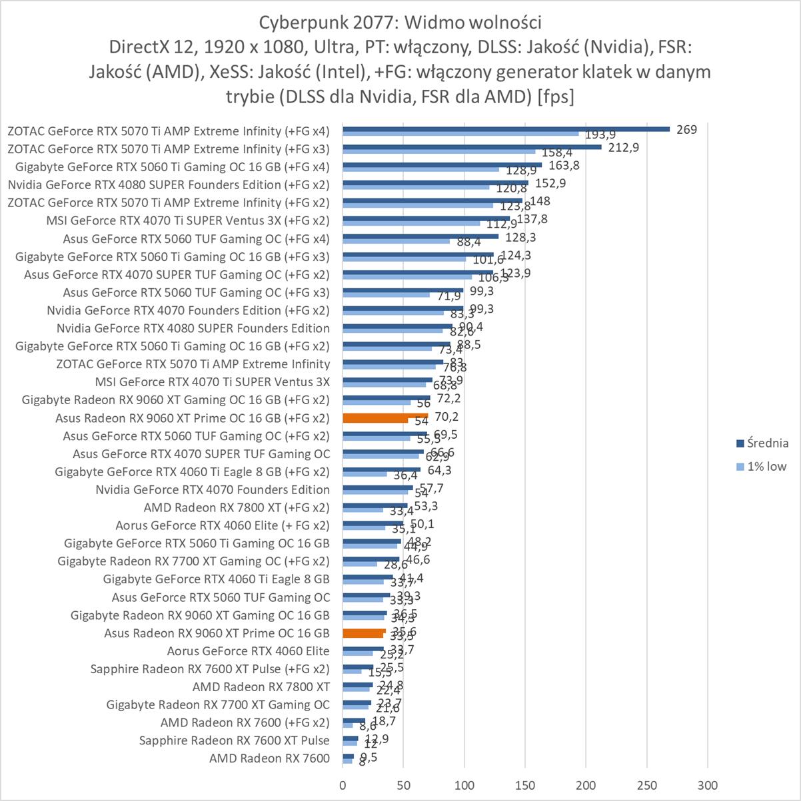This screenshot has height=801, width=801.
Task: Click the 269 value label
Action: (x=686, y=129)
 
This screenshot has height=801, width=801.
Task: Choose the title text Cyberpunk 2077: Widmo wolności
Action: (x=400, y=23)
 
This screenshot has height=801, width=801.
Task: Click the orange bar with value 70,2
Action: (x=385, y=415)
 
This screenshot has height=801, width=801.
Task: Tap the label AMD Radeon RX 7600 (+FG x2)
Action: (x=245, y=722)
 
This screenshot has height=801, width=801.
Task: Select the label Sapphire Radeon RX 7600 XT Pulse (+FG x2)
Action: (x=210, y=668)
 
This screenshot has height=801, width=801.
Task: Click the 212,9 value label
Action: (x=624, y=147)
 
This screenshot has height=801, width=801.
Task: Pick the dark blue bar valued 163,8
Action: (x=442, y=164)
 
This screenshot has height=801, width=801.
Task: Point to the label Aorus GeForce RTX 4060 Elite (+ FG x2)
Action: (x=223, y=525)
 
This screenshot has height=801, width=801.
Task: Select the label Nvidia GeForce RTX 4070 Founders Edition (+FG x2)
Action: (x=188, y=310)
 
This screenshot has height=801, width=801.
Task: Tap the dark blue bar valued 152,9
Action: (x=435, y=182)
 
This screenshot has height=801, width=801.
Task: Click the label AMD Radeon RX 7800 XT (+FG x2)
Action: (x=237, y=507)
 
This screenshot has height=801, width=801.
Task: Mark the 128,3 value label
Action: (x=521, y=237)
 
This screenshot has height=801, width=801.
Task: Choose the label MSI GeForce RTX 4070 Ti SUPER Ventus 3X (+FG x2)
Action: (x=188, y=220)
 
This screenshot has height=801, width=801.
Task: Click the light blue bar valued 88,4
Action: (x=397, y=241)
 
